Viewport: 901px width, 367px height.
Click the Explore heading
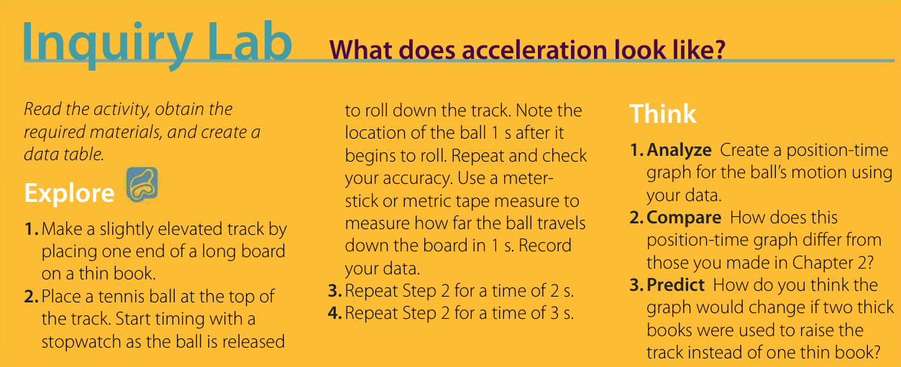[x=69, y=193]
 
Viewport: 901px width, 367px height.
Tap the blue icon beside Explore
[x=142, y=185]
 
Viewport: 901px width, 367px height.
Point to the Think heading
[x=662, y=114]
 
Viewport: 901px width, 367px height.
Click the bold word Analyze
[x=680, y=150]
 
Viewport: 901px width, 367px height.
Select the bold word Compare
[x=684, y=218]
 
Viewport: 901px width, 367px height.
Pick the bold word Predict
[x=676, y=285]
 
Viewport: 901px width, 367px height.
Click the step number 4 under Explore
[x=334, y=314]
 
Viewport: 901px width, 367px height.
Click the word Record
[x=545, y=246]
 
